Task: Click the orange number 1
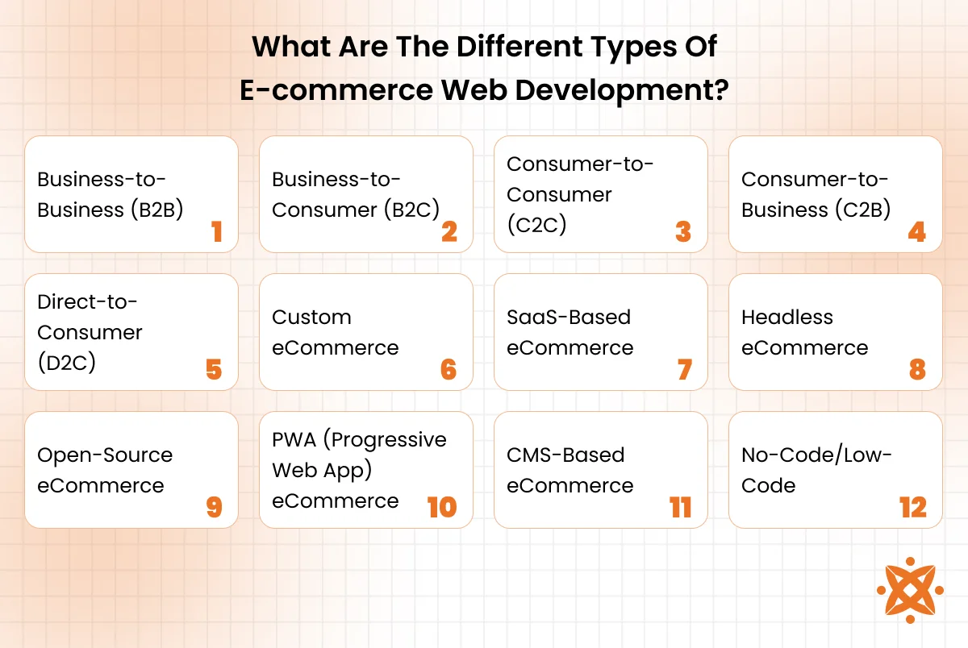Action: pyautogui.click(x=217, y=231)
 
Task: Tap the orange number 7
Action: pyautogui.click(x=685, y=370)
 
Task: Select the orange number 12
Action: pyautogui.click(x=913, y=507)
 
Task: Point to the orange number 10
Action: pyautogui.click(x=442, y=507)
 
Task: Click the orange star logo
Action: pyautogui.click(x=910, y=590)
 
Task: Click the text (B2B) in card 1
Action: pyautogui.click(x=157, y=210)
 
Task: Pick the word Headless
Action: pyautogui.click(x=787, y=318)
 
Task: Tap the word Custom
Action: pyautogui.click(x=311, y=318)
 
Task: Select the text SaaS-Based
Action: pyautogui.click(x=569, y=318)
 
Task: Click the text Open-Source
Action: pyautogui.click(x=105, y=456)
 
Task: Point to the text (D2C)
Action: pyautogui.click(x=66, y=363)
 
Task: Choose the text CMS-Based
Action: pyautogui.click(x=565, y=455)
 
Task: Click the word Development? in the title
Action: pyautogui.click(x=622, y=90)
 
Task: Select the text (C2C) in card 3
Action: pyautogui.click(x=536, y=225)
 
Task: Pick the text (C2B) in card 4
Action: pyautogui.click(x=862, y=210)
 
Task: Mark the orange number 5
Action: pyautogui.click(x=214, y=370)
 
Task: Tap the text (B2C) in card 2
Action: pyautogui.click(x=412, y=210)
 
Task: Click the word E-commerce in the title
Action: pyautogui.click(x=336, y=90)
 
